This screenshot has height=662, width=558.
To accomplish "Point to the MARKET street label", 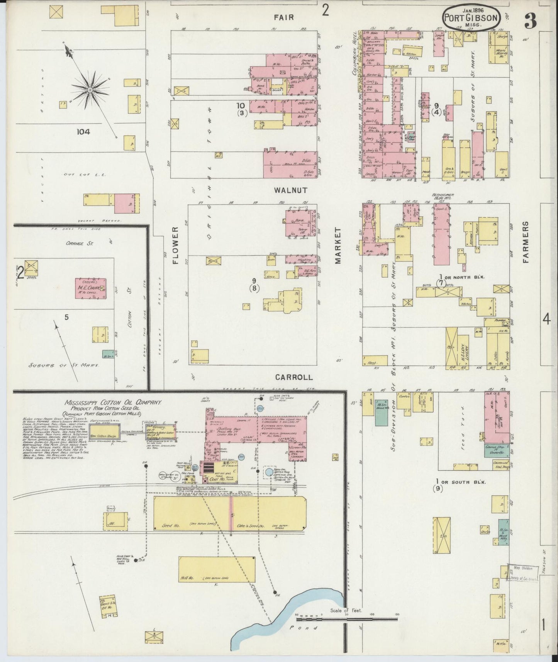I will pyautogui.click(x=338, y=245).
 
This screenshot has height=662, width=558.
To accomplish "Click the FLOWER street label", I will pyautogui.click(x=176, y=245).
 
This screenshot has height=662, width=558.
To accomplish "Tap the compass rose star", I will pyautogui.click(x=90, y=90).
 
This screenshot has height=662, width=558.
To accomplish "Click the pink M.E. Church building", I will pyautogui.click(x=90, y=287).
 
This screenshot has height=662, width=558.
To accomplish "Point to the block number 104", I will pyautogui.click(x=83, y=132).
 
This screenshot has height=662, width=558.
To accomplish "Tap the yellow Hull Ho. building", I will pyautogui.click(x=216, y=569).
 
